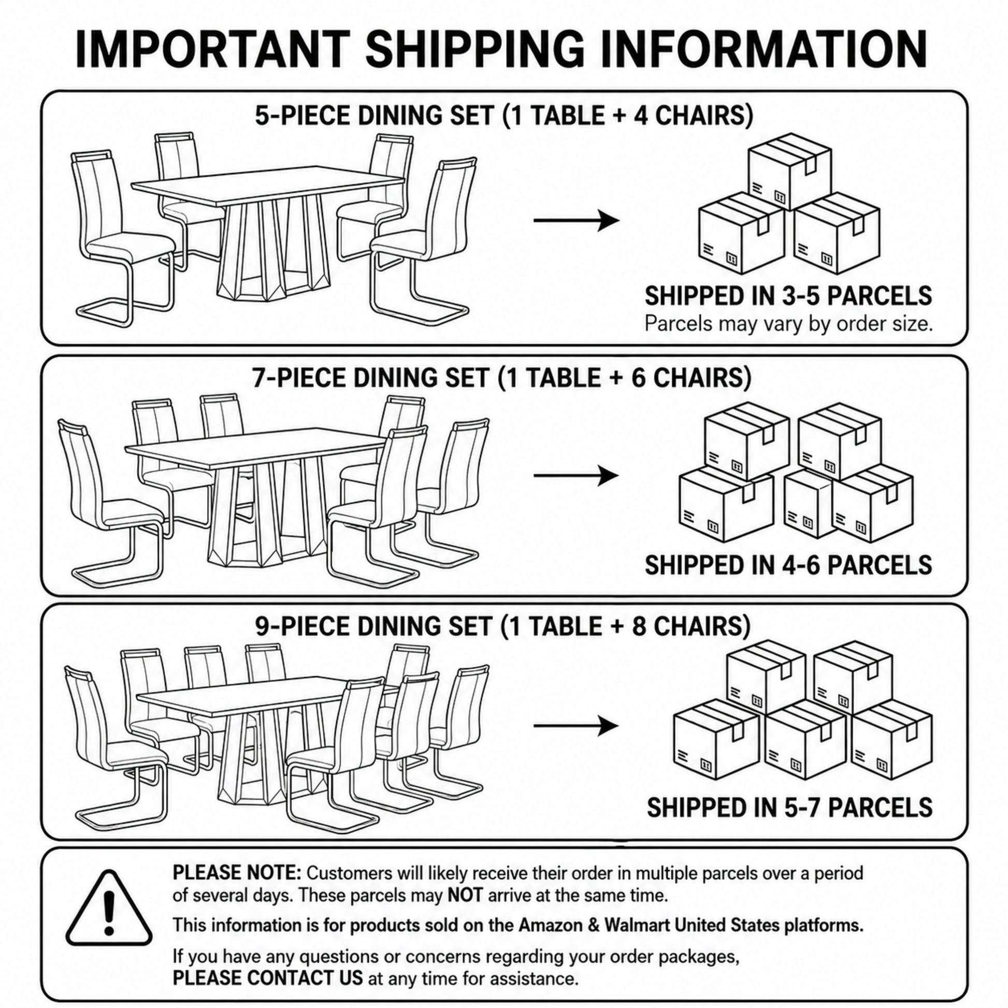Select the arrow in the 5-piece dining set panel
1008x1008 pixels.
pos(577,220)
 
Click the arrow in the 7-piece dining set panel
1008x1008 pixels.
pos(577,476)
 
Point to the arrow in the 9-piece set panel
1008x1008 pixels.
pos(577,726)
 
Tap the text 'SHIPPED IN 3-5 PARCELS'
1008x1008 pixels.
pos(788,296)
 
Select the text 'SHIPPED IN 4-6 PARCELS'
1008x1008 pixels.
pos(788,565)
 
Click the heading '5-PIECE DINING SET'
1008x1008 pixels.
pos(373,116)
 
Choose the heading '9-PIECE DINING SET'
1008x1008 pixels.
pos(373,627)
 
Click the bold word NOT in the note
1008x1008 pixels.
pos(465,896)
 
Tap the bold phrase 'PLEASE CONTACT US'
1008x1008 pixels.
pos(267,977)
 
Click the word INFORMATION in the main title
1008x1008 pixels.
pos(763,50)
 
